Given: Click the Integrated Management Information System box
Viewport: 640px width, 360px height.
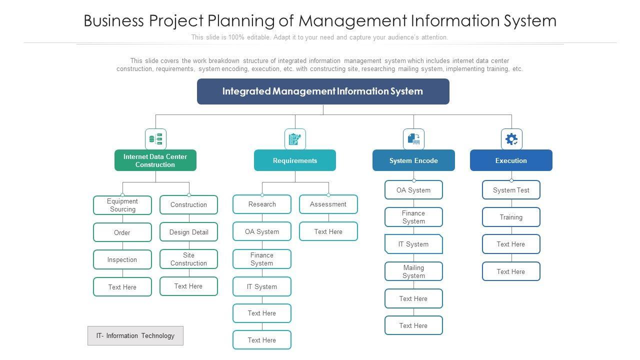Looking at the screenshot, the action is point(323,91).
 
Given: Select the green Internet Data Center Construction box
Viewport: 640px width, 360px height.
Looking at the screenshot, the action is point(155,160).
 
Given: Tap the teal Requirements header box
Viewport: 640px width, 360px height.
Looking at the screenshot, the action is point(295,160).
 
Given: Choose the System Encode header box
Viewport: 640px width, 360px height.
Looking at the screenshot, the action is point(413,160).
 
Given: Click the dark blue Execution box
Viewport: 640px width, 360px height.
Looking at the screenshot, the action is point(511,160).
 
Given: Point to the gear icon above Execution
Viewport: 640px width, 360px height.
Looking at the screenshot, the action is point(511,139).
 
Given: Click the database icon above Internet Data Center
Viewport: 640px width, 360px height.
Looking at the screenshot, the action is point(155,139).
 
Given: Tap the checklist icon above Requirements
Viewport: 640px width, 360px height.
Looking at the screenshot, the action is point(295,139).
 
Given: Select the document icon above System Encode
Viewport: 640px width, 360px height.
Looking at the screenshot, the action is point(413,139).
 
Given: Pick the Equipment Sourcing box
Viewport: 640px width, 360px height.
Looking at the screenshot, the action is point(122,205).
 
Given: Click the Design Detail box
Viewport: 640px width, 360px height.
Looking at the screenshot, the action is point(189,232).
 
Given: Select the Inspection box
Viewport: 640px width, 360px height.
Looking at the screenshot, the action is point(122,259).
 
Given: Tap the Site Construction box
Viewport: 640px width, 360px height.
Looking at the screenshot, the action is point(189,259).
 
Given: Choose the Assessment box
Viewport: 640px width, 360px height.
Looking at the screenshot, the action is point(328,204).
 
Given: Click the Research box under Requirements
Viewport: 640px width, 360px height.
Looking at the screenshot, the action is point(262,204).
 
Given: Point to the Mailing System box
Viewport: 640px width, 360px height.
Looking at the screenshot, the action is point(413,271).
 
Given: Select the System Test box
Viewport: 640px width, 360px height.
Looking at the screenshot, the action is point(511,190).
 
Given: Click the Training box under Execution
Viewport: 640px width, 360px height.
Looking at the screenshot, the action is point(511,217).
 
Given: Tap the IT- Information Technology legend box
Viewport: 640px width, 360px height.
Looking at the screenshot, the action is point(135,335).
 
